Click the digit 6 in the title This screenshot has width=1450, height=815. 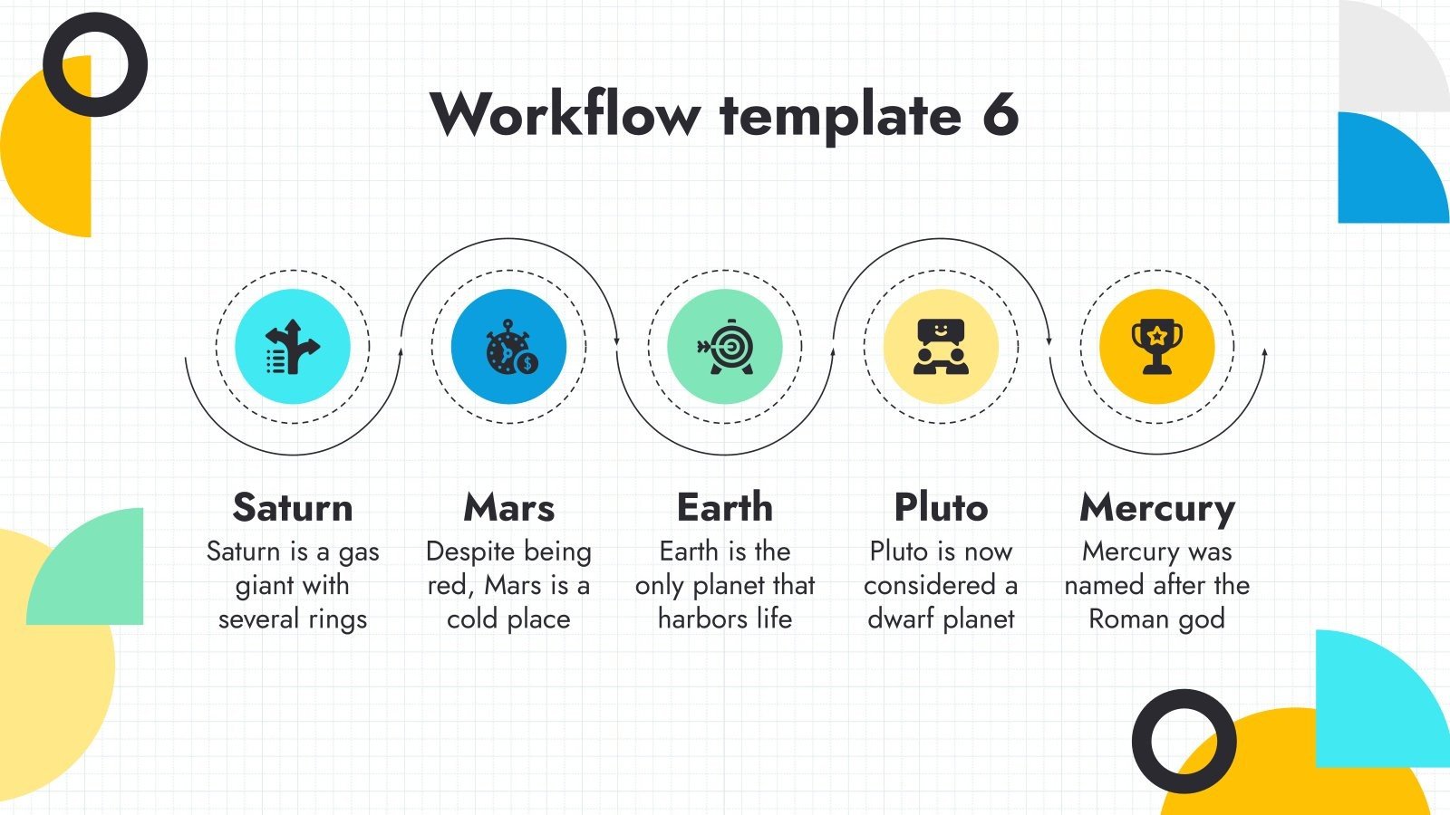click(1000, 115)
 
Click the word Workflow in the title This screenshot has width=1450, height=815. click(565, 115)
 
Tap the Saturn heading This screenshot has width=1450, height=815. click(293, 507)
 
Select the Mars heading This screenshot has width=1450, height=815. click(508, 507)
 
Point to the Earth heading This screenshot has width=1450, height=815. click(725, 507)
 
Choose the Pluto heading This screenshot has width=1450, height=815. click(941, 507)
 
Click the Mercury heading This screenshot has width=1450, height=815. click(1157, 508)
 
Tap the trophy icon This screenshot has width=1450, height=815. click(1157, 345)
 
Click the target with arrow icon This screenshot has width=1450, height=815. click(725, 346)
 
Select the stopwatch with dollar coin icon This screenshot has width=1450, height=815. click(510, 347)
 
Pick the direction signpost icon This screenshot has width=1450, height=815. click(292, 347)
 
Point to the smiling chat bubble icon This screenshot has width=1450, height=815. click(941, 346)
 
